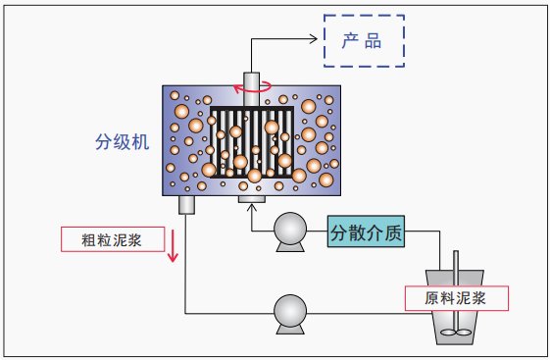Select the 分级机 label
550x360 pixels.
(117, 143)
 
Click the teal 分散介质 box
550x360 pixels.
(365, 233)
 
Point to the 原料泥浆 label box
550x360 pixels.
(459, 296)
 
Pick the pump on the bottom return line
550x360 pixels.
(291, 312)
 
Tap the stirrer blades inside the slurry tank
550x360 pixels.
(457, 332)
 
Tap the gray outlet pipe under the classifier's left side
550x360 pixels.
(186, 205)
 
